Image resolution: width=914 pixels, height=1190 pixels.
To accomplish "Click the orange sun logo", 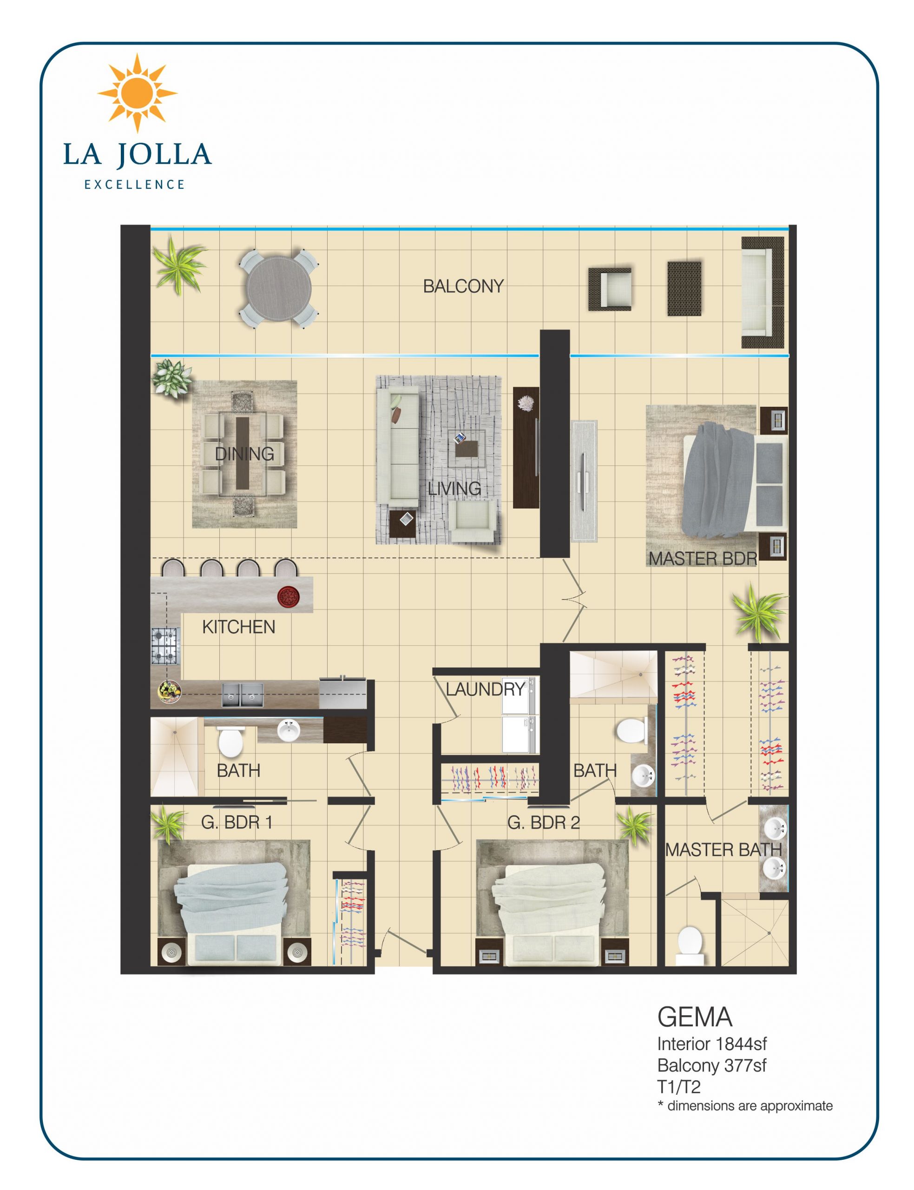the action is (137, 93).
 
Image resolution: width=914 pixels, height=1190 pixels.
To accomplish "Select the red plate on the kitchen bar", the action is (286, 597).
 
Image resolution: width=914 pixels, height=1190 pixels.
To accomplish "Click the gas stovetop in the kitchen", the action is (165, 645).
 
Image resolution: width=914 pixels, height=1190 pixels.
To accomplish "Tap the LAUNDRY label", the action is (485, 689).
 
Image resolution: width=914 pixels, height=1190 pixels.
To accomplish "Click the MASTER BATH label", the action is (723, 849).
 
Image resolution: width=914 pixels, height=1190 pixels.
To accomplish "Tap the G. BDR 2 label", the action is (544, 822).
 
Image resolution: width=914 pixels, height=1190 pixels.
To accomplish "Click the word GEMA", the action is (695, 1017).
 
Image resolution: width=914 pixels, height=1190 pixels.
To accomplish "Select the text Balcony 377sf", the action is (711, 1065).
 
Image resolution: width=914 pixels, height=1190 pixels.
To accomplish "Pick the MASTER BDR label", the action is (703, 558).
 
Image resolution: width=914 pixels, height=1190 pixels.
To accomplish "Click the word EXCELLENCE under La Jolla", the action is (135, 185).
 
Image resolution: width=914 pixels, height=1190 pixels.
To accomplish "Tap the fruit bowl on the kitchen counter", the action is (169, 692).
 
